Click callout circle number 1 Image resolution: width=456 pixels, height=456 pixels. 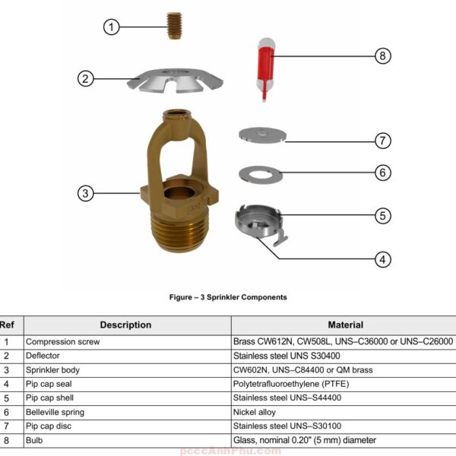[112, 27]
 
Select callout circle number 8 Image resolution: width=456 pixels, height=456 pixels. [383, 55]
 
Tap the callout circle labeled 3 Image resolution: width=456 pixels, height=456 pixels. [86, 193]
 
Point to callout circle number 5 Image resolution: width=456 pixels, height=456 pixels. [383, 215]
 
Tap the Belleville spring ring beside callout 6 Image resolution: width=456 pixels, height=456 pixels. [260, 174]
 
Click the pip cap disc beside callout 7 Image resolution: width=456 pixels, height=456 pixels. [261, 135]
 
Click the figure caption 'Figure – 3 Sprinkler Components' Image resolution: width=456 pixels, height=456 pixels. [228, 297]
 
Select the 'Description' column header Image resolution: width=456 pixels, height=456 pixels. [125, 325]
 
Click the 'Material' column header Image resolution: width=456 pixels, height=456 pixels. [345, 325]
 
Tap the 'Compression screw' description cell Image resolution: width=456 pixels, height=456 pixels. [63, 342]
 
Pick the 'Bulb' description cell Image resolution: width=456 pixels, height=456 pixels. [35, 440]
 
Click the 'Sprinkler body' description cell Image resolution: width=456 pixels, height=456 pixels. [53, 370]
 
